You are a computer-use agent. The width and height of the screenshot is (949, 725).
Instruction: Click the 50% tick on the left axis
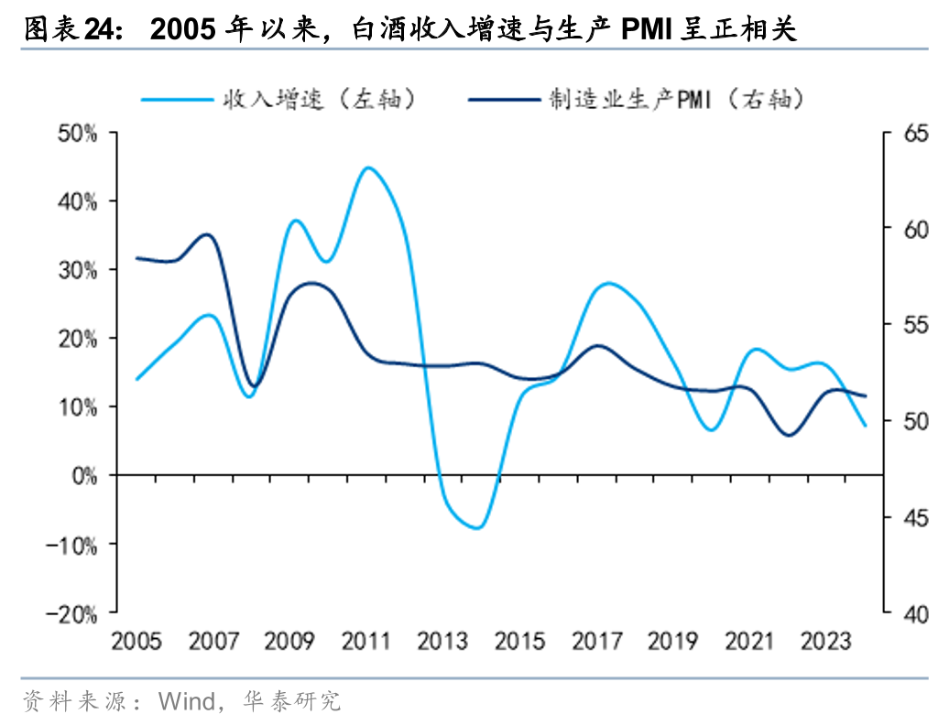(78, 133)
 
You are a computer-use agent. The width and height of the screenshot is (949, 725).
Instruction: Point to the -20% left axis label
(76, 612)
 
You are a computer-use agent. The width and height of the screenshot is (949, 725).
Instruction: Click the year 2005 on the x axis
(136, 641)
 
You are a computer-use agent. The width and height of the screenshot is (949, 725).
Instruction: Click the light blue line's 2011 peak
(367, 168)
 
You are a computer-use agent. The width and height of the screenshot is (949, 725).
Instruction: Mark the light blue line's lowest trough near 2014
(477, 528)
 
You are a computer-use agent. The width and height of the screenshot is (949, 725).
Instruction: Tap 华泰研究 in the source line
(291, 702)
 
